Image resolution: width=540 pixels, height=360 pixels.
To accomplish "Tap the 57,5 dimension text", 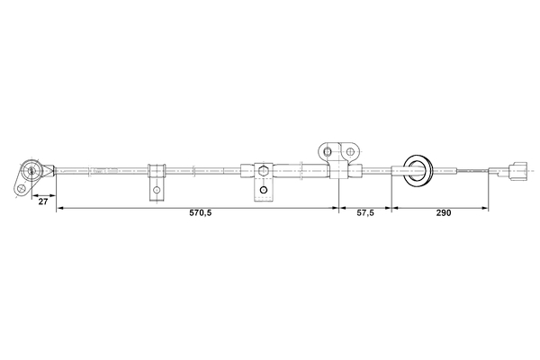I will click(364, 214).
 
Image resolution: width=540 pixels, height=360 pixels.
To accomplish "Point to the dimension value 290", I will click(442, 214).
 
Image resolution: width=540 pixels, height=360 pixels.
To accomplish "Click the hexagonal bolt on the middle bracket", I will click(263, 169).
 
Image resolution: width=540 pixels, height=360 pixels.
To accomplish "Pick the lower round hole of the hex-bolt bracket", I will click(263, 190).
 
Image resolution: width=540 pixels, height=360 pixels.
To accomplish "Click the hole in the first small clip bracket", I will click(157, 190).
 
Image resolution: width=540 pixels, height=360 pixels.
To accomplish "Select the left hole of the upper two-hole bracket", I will click(328, 150).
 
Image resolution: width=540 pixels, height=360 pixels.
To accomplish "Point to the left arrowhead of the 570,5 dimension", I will click(59, 208).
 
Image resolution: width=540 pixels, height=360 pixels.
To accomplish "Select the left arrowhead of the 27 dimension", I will click(29, 195).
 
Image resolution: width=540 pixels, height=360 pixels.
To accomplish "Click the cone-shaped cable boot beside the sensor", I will click(50, 168).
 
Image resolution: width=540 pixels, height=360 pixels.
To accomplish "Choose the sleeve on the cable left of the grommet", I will click(355, 169).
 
